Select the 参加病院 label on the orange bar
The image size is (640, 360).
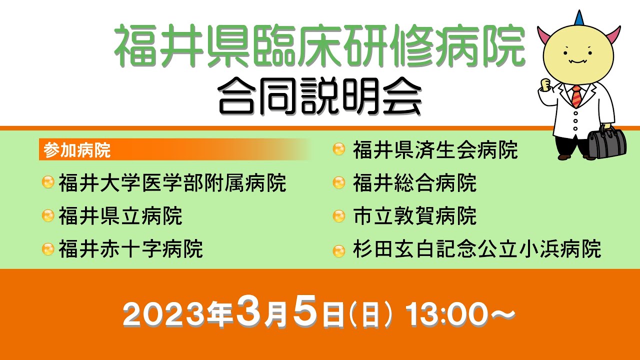pyautogui.click(x=77, y=150)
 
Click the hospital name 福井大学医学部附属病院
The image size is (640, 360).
pyautogui.click(x=172, y=183)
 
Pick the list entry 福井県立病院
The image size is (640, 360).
pyautogui.click(x=120, y=216)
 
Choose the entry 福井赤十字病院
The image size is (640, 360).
pyautogui.click(x=131, y=248)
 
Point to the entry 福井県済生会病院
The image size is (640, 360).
pyautogui.click(x=435, y=150)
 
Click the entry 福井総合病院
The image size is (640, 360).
pyautogui.click(x=414, y=183)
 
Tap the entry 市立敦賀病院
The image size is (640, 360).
pyautogui.click(x=414, y=216)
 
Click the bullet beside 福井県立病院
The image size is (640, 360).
pyautogui.click(x=48, y=216)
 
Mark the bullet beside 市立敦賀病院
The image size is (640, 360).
pyautogui.click(x=339, y=216)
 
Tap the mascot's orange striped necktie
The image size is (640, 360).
pyautogui.click(x=577, y=96)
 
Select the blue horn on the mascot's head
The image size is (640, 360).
pyautogui.click(x=579, y=18)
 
